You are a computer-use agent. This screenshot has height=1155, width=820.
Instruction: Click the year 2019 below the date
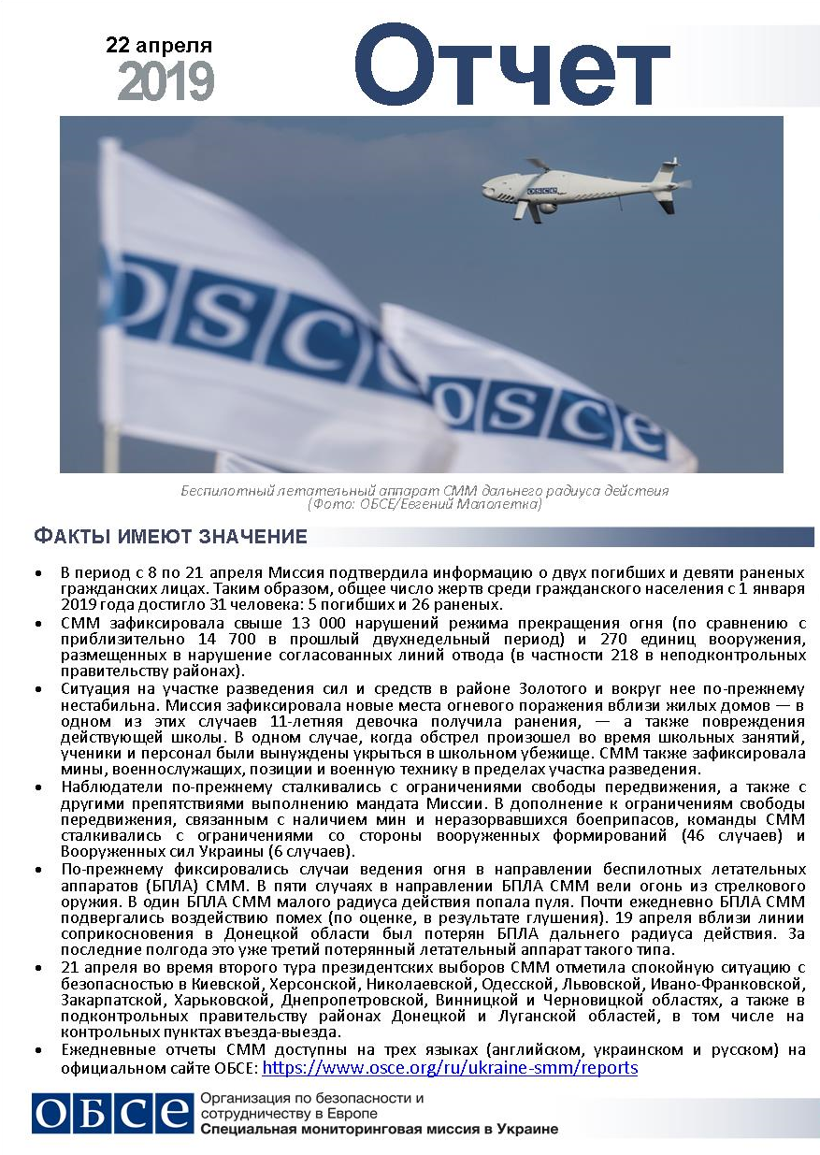(x=166, y=82)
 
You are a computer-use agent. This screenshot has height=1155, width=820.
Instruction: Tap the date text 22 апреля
(x=159, y=46)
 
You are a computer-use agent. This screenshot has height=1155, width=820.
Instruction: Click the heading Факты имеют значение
(x=170, y=537)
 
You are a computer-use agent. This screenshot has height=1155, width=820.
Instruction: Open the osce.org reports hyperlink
(x=449, y=1068)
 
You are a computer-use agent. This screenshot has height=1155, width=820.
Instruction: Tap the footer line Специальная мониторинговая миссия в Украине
(x=379, y=1129)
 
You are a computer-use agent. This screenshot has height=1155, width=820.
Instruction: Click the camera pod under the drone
(x=547, y=209)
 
